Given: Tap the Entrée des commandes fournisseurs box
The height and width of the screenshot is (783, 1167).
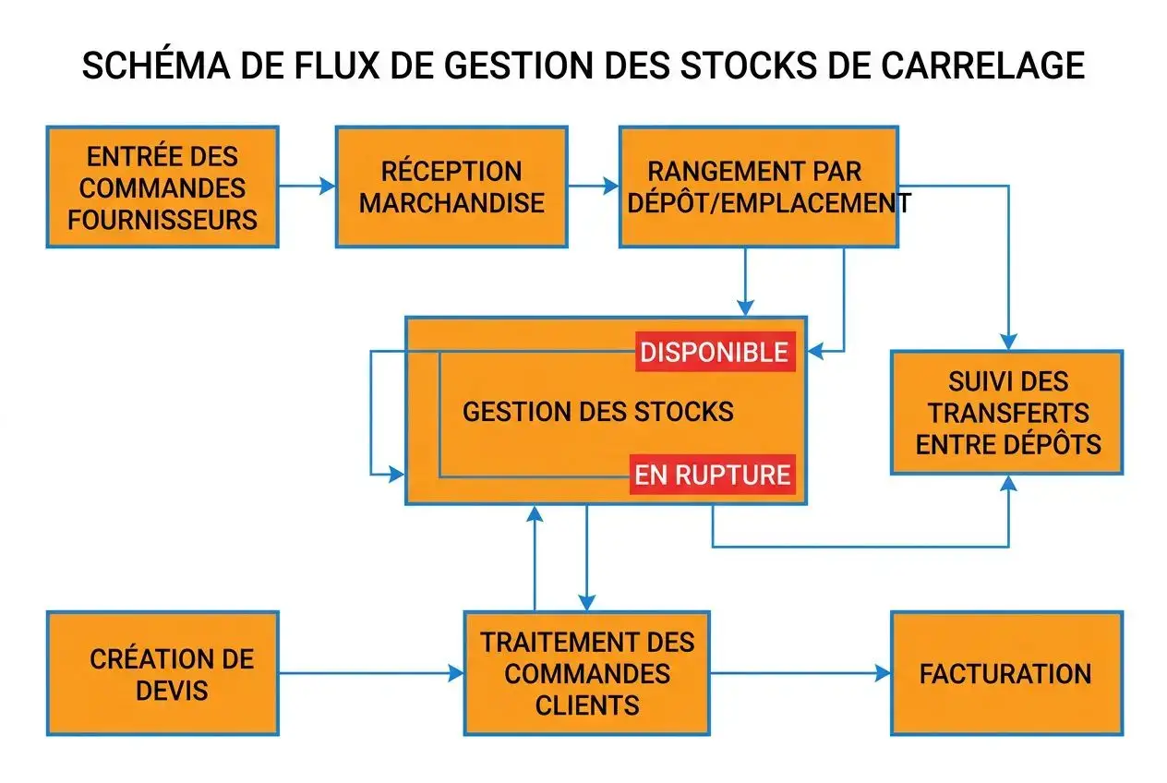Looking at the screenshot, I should click(x=162, y=187).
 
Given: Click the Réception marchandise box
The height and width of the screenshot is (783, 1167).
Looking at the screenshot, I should click(x=451, y=187).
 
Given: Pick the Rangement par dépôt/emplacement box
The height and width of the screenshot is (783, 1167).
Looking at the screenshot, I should click(x=758, y=187).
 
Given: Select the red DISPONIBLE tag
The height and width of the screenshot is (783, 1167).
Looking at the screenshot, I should click(x=715, y=352).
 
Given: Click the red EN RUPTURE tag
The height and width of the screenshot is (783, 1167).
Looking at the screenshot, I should click(x=712, y=475).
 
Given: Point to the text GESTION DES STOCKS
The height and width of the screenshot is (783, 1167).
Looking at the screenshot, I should click(x=597, y=412).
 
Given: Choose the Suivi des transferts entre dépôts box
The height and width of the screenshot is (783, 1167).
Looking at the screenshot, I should click(x=1007, y=413).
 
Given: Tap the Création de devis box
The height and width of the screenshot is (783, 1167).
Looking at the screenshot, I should click(x=162, y=673).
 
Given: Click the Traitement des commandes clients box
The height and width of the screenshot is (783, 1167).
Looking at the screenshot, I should click(x=587, y=673).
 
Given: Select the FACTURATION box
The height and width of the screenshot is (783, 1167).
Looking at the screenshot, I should click(x=1006, y=673).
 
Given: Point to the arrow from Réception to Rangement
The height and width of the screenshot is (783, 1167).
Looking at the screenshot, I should click(x=593, y=187).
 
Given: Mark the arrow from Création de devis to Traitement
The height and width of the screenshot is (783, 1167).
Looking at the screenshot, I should click(x=369, y=674).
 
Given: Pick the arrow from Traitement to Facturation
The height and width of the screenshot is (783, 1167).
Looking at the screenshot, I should click(x=800, y=674).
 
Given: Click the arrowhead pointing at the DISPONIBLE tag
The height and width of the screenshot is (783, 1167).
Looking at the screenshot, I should click(x=813, y=352).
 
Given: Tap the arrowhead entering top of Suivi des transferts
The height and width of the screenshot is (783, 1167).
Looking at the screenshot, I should click(x=1008, y=341).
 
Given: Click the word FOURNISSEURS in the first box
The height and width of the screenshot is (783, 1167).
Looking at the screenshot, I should click(x=162, y=220).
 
